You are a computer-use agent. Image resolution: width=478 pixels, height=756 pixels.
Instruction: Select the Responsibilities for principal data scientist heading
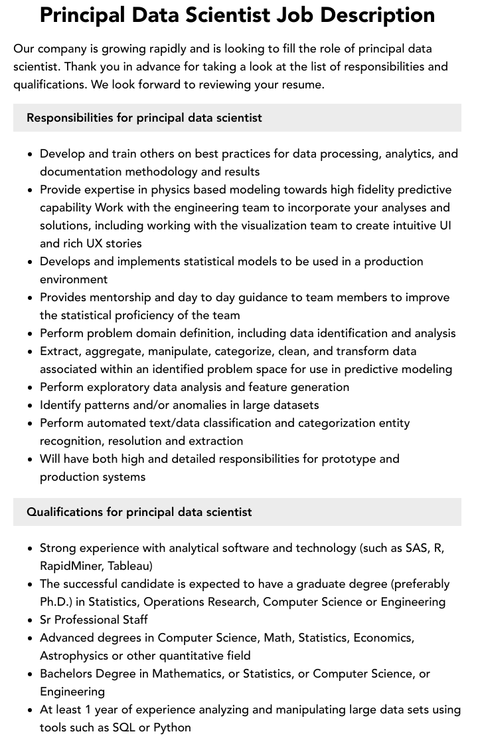pyautogui.click(x=144, y=118)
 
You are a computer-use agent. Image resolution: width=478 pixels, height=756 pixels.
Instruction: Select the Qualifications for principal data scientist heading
pyautogui.click(x=139, y=512)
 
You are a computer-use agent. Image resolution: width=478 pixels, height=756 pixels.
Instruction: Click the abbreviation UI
pyautogui.click(x=445, y=225)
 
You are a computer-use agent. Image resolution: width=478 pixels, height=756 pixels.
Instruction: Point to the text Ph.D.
pyautogui.click(x=53, y=602)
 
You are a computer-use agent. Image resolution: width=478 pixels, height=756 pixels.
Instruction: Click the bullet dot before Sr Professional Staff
pyautogui.click(x=31, y=620)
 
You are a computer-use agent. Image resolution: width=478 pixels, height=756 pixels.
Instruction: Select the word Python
pyautogui.click(x=172, y=727)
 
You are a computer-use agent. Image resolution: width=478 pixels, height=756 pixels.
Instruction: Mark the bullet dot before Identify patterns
pyautogui.click(x=31, y=406)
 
